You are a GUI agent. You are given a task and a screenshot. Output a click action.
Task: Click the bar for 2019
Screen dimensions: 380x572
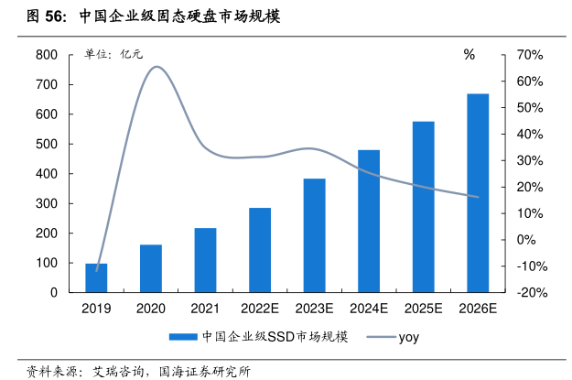pos(96,277)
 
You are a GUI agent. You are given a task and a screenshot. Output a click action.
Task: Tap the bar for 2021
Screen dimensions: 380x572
pos(205,260)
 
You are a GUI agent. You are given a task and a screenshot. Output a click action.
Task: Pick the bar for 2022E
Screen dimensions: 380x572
pos(260,250)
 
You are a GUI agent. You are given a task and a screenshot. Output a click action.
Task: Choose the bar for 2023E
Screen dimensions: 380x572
pos(314,235)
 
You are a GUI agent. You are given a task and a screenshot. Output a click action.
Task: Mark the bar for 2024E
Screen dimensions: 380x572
pos(369,221)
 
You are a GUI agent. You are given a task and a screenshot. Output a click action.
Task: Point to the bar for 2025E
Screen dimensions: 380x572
pos(423,207)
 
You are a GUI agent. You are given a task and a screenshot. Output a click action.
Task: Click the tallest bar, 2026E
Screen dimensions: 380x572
pos(478,192)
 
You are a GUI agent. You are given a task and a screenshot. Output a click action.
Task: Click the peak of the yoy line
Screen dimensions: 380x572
pos(156,67)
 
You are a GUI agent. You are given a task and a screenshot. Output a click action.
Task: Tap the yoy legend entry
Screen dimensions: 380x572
pos(394,337)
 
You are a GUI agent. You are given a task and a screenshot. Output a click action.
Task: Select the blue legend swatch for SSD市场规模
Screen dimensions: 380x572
pos(184,337)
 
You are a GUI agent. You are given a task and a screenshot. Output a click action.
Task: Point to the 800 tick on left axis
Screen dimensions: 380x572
pos(47,55)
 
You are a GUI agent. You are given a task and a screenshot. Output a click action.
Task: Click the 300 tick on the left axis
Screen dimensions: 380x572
pos(47,203)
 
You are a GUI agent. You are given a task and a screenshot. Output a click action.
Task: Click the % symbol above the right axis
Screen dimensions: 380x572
pos(469,55)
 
